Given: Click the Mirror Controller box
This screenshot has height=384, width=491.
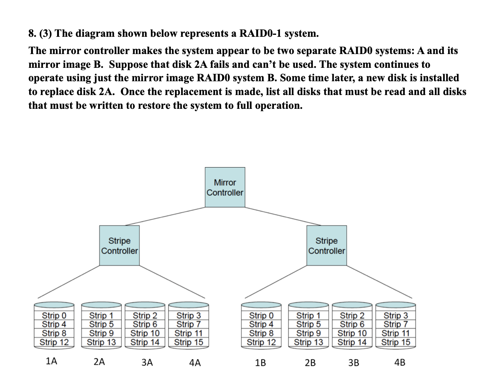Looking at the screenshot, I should pyautogui.click(x=225, y=187).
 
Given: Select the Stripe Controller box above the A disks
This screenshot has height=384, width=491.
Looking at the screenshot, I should pyautogui.click(x=119, y=246).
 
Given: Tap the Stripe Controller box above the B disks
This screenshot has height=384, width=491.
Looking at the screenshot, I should pyautogui.click(x=326, y=246).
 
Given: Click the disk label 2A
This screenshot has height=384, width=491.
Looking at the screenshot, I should pyautogui.click(x=99, y=362).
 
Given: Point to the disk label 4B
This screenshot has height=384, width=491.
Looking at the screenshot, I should pyautogui.click(x=399, y=362).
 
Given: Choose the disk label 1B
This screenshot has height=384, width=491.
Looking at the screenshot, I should pyautogui.click(x=260, y=363).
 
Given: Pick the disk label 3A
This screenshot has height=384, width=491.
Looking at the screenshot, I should pyautogui.click(x=147, y=363).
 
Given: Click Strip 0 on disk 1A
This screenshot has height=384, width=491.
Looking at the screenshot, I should pyautogui.click(x=54, y=316).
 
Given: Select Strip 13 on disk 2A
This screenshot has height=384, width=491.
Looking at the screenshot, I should pyautogui.click(x=101, y=342).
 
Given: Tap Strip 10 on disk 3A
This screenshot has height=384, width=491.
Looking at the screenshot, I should pyautogui.click(x=145, y=333).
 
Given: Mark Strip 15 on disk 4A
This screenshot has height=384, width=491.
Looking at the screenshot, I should pyautogui.click(x=188, y=342).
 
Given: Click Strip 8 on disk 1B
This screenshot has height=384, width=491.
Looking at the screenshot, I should pyautogui.click(x=261, y=333).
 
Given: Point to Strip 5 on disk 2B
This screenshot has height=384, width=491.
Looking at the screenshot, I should pyautogui.click(x=308, y=325).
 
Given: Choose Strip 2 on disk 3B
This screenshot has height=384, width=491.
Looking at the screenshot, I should pyautogui.click(x=352, y=316).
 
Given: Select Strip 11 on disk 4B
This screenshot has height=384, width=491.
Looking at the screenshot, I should pyautogui.click(x=396, y=333).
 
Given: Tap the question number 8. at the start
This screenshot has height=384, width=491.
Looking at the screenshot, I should pyautogui.click(x=33, y=34).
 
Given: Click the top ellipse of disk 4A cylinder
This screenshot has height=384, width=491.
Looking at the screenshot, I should pyautogui.click(x=188, y=305).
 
